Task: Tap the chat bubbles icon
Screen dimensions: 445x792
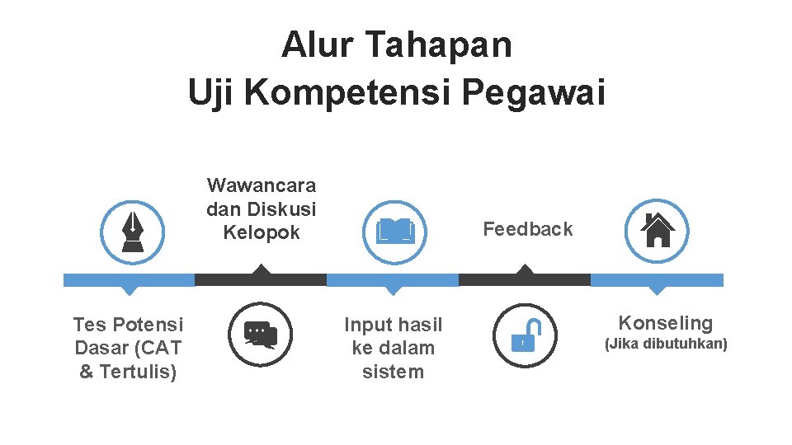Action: pos(261,334)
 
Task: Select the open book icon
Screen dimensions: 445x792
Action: pos(395,231)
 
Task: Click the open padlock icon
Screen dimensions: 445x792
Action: pos(524,334)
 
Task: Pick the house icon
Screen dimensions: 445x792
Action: pos(657,231)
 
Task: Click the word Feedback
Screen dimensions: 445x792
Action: pos(527,229)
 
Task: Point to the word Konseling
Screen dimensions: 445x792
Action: pos(665,323)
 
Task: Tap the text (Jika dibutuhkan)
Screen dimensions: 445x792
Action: pos(666,344)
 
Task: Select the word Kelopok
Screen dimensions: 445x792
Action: pos(262,232)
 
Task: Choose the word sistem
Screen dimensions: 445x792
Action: pos(393,372)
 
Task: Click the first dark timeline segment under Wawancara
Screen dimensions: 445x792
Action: pos(261,280)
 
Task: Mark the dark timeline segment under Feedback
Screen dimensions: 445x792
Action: pos(525,280)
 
